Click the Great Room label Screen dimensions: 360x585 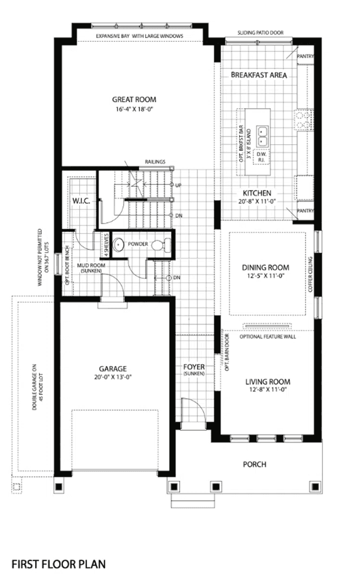pos(135,99)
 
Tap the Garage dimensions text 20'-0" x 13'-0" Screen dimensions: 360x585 pos(112,377)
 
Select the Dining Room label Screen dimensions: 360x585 pos(265,268)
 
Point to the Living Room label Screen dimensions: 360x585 pos(268,382)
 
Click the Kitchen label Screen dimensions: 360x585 pos(257,193)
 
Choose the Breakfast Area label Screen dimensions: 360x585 pos(259,75)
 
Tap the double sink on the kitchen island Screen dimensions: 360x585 pos(263,136)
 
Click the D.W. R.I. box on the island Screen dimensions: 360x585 pos(261,157)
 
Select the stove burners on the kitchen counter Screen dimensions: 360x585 pos(303,120)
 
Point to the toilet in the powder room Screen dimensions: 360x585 pos(162,245)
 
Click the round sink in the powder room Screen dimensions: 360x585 pos(118,244)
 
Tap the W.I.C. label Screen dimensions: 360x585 pos(81,201)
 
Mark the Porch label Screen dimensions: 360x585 pos(255,465)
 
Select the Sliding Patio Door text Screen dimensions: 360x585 pos(261,33)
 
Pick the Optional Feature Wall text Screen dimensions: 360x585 pos(268,337)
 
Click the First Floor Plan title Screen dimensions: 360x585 pos(58,564)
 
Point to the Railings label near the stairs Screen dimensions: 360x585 pos(155,162)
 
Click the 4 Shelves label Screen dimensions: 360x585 pos(106,245)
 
